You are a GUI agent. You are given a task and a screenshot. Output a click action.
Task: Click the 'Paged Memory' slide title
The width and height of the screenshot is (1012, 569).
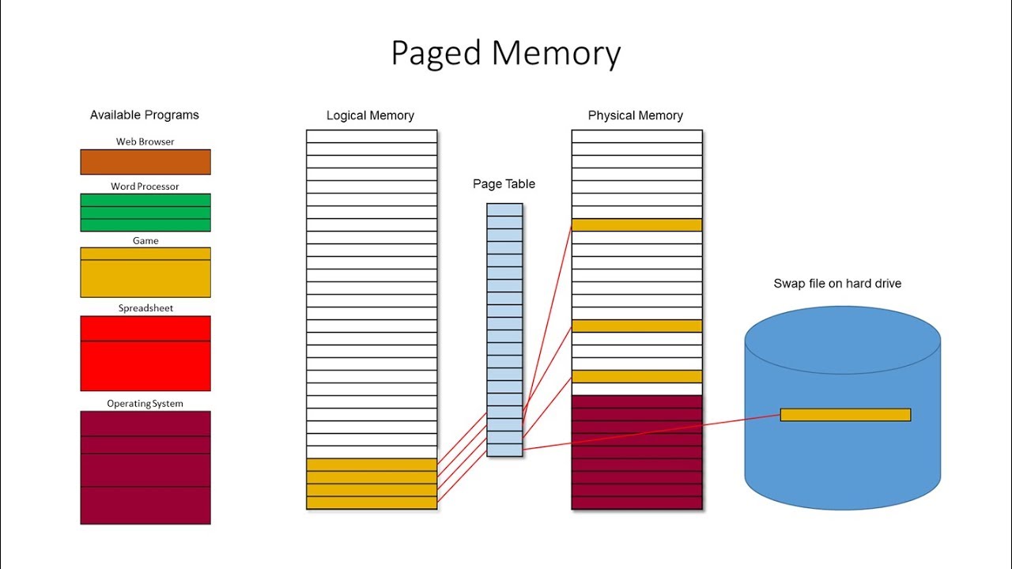[x=506, y=54]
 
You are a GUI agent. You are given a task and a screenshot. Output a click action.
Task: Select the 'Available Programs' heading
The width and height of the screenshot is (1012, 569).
[x=145, y=115]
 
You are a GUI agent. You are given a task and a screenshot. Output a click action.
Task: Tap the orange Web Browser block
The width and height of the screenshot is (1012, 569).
[x=145, y=162]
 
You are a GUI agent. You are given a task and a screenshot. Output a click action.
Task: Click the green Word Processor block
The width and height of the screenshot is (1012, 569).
[x=145, y=213]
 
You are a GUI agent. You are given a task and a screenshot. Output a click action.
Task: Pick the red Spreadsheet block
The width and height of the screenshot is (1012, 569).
[x=145, y=353]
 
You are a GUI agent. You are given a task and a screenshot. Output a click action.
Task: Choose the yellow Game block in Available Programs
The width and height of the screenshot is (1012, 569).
[x=145, y=273]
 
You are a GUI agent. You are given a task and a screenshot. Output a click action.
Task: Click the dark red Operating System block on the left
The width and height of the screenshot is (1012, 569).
[x=145, y=467]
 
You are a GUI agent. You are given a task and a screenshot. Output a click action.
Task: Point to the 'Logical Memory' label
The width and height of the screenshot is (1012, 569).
[x=370, y=116]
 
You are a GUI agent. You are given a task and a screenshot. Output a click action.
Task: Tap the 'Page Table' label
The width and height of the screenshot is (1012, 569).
[x=504, y=184]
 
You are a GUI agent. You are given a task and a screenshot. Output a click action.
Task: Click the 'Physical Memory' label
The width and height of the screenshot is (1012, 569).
[x=635, y=116]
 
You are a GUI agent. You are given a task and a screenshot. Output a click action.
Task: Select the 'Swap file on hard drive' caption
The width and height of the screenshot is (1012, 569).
[x=837, y=284]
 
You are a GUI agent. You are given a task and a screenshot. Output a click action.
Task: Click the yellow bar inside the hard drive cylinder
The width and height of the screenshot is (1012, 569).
[x=845, y=415]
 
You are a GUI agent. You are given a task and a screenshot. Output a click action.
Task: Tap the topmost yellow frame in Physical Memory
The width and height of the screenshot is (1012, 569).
[x=636, y=225]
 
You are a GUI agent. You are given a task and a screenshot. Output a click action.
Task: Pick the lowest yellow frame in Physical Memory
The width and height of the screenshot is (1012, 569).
[x=636, y=377]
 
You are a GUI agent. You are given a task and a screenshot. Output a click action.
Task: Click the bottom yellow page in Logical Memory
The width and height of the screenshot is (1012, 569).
[x=372, y=503]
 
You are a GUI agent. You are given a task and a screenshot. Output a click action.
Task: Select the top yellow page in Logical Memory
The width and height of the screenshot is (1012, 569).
[x=372, y=465]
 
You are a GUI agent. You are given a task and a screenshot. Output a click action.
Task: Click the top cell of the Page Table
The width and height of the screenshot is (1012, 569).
[x=504, y=210]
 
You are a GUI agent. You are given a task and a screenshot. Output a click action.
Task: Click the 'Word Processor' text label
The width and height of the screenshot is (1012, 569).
[x=145, y=187]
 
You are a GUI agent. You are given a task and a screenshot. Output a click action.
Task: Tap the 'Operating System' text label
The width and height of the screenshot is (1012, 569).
[x=145, y=404]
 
